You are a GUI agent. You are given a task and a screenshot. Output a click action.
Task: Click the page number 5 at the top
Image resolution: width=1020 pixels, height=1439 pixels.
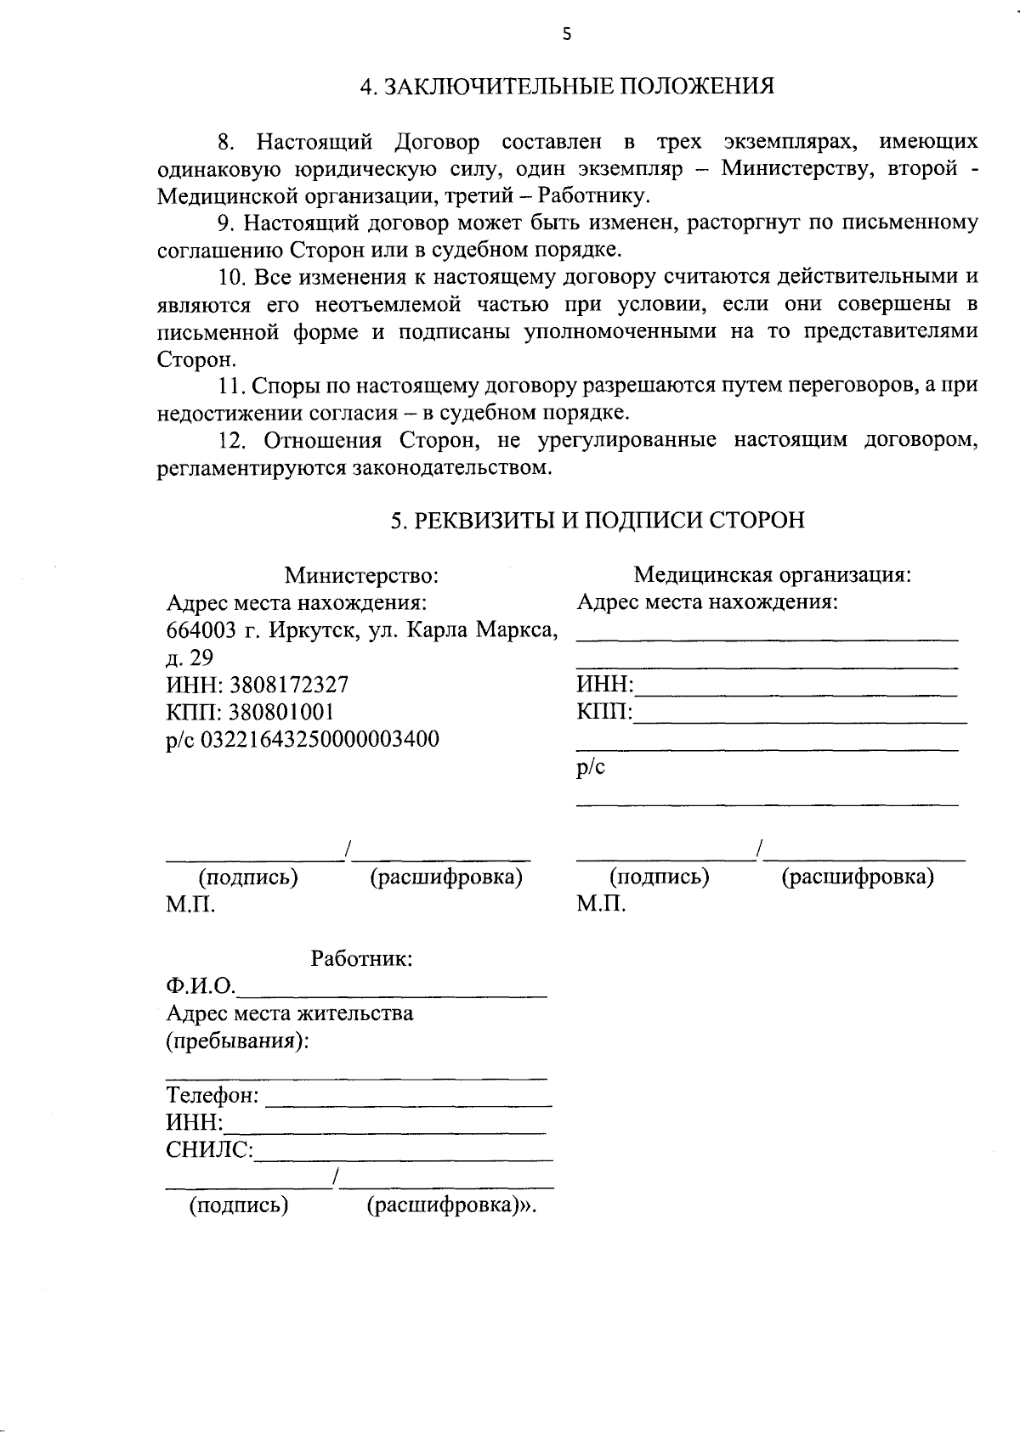pyautogui.click(x=567, y=34)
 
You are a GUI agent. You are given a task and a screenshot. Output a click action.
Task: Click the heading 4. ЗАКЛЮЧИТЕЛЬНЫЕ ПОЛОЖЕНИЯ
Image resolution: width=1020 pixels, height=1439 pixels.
pyautogui.click(x=567, y=87)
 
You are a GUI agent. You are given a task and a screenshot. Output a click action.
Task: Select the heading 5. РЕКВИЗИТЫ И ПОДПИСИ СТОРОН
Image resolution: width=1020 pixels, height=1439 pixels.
pyautogui.click(x=597, y=521)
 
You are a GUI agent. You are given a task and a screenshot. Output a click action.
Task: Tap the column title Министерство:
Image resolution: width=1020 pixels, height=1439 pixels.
pyautogui.click(x=361, y=576)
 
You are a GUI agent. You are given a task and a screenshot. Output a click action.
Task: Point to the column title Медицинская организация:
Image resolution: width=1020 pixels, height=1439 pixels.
pyautogui.click(x=772, y=575)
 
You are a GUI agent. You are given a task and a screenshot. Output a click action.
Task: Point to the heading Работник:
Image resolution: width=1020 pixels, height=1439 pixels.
pyautogui.click(x=361, y=959)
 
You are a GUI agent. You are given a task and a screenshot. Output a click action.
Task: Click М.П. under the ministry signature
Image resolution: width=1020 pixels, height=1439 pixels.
pyautogui.click(x=190, y=905)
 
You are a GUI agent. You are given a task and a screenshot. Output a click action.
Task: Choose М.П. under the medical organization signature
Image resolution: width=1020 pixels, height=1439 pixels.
pyautogui.click(x=600, y=904)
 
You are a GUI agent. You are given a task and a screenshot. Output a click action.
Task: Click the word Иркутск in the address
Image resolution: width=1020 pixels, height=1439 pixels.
pyautogui.click(x=309, y=630)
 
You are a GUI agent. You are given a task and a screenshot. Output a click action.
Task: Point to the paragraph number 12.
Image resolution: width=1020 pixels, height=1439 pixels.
pyautogui.click(x=232, y=441)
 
